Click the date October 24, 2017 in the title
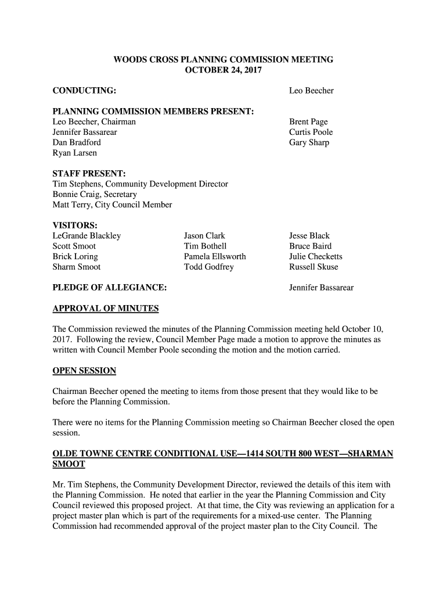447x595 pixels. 223,70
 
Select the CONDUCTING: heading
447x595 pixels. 84,91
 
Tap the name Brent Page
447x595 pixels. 308,122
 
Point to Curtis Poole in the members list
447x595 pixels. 311,132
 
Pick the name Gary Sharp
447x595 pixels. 309,143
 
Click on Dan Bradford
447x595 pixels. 77,143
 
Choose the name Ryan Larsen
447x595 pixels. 75,153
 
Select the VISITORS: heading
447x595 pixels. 75,225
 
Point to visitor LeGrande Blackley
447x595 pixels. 86,236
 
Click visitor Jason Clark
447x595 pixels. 204,236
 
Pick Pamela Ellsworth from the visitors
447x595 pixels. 215,257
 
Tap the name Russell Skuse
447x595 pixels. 313,267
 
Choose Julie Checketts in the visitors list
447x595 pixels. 316,257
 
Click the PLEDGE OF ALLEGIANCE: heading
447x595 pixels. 110,288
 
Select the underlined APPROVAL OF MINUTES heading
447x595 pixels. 105,309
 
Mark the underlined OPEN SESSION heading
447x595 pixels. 84,371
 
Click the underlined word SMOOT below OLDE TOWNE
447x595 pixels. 69,464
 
